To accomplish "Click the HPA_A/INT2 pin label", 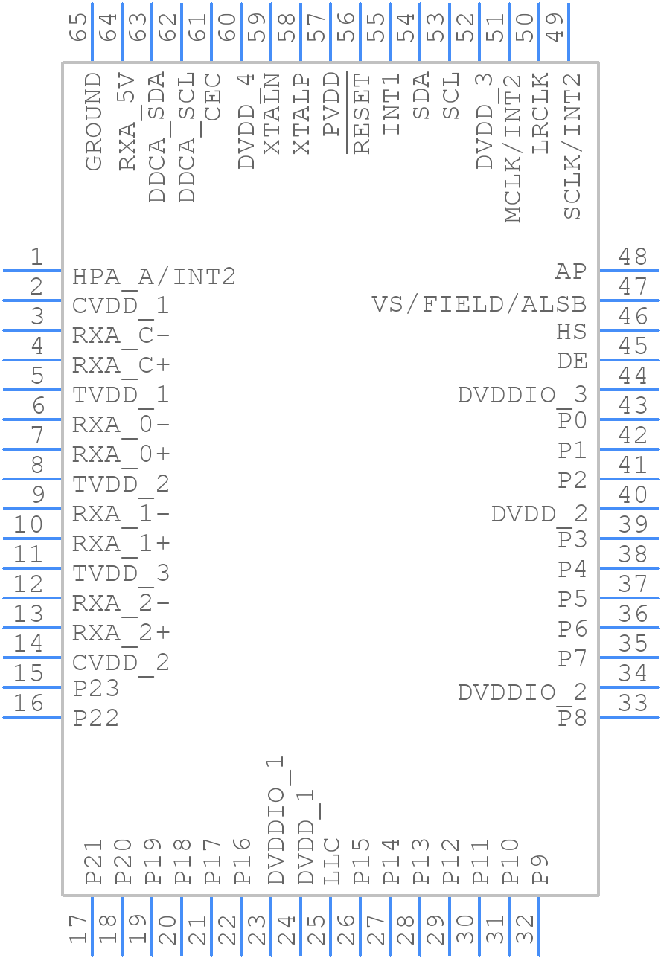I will click(153, 277).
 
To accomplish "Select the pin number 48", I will click(633, 257).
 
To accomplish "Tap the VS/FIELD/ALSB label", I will click(479, 304).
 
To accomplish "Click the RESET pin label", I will click(362, 114).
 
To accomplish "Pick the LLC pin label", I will click(332, 861).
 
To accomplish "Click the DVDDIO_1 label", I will click(276, 820).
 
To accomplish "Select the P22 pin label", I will click(96, 718).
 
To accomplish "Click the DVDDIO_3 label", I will click(522, 395).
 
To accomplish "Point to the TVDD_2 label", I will click(121, 484).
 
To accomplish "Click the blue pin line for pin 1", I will click(32, 271).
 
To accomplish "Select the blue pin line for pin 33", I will click(629, 717).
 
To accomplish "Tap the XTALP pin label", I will click(302, 114).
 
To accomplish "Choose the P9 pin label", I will click(541, 869).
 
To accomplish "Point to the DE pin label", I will click(572, 361).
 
